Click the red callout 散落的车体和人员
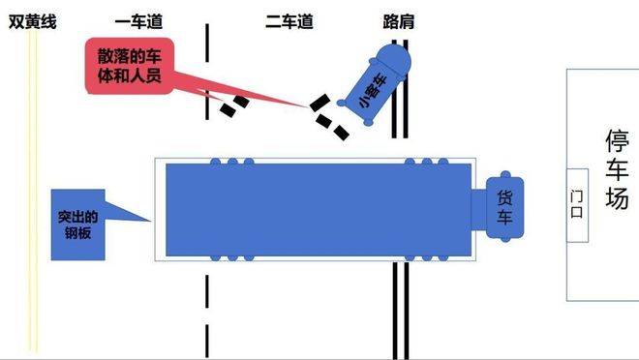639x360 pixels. (128, 65)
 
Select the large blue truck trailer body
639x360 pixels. (319, 210)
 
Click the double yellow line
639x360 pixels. (34, 194)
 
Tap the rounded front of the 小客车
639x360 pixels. (397, 60)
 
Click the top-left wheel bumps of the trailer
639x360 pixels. (238, 162)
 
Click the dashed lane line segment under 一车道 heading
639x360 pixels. (207, 58)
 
